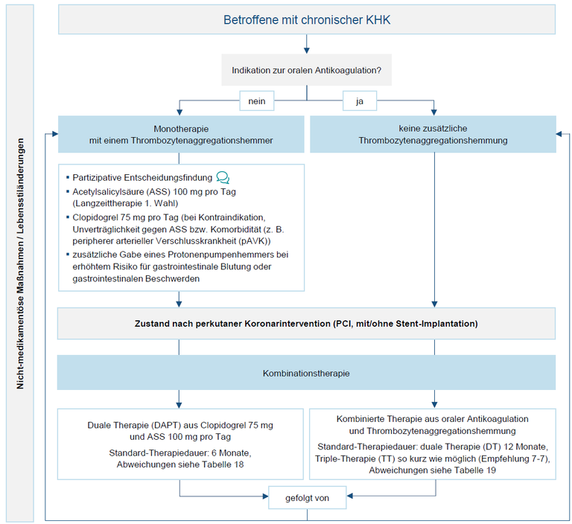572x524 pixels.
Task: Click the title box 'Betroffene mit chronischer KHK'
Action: pyautogui.click(x=307, y=19)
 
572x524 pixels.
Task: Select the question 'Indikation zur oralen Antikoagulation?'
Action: pyautogui.click(x=306, y=70)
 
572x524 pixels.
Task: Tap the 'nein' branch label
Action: pyautogui.click(x=257, y=101)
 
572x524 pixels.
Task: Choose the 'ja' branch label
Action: pyautogui.click(x=360, y=101)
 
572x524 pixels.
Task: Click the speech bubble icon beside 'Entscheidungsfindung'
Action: pyautogui.click(x=223, y=178)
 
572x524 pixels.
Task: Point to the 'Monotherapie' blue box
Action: pyautogui.click(x=181, y=134)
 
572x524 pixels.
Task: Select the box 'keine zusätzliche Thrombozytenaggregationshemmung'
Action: pyautogui.click(x=433, y=134)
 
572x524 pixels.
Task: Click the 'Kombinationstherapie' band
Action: pyautogui.click(x=306, y=373)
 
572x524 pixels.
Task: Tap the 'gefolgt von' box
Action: pyautogui.click(x=307, y=498)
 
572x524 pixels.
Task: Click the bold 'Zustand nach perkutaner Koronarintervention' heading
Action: pyautogui.click(x=306, y=324)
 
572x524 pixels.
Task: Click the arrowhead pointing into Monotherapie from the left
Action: pyautogui.click(x=55, y=134)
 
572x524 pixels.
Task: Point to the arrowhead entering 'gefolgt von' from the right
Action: pyautogui.click(x=349, y=496)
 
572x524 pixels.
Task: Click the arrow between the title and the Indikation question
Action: pyautogui.click(x=307, y=44)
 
